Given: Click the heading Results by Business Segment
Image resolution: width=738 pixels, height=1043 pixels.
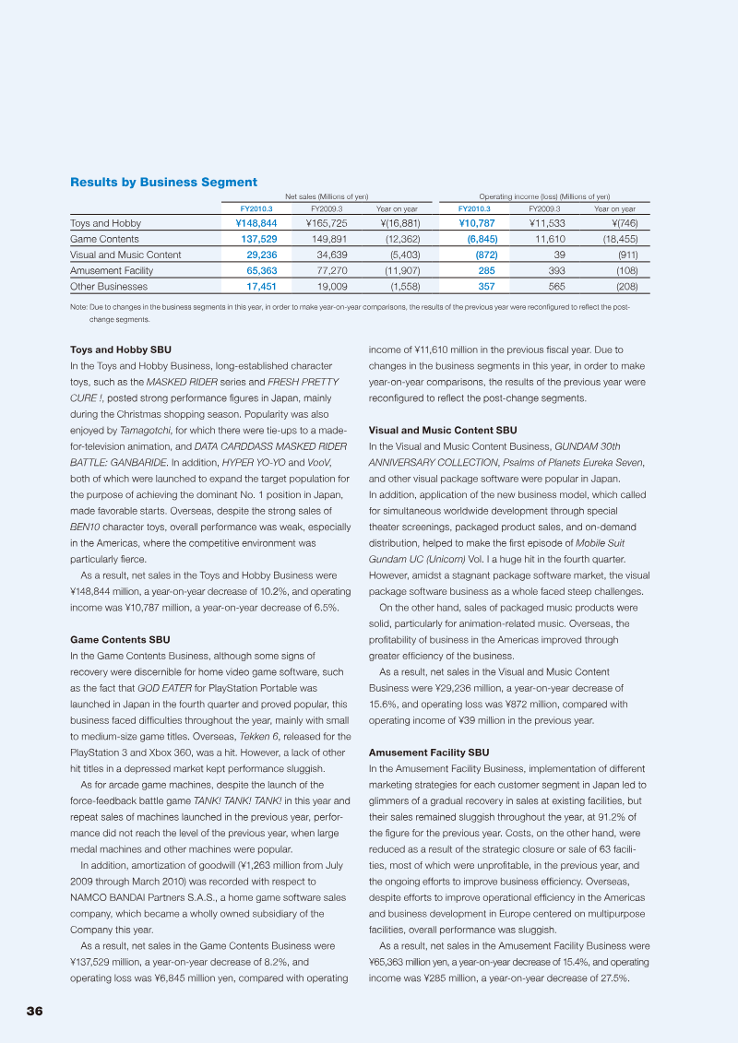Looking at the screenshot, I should [163, 182].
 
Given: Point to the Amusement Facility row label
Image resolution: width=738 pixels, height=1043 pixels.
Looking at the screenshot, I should [112, 270].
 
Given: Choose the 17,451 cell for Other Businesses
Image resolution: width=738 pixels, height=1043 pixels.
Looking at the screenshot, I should [261, 286].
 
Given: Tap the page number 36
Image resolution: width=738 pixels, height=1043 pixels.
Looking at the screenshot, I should [34, 1011].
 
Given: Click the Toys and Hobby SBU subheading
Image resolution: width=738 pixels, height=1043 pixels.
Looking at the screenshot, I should [121, 350].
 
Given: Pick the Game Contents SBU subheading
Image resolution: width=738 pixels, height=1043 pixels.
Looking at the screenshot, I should [120, 639].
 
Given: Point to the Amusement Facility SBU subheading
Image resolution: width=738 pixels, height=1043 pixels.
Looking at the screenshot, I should [429, 752].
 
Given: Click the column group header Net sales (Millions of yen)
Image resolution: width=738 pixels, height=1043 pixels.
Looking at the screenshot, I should [327, 196].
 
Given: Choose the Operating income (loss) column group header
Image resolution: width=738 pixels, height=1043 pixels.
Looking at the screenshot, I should [544, 196].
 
